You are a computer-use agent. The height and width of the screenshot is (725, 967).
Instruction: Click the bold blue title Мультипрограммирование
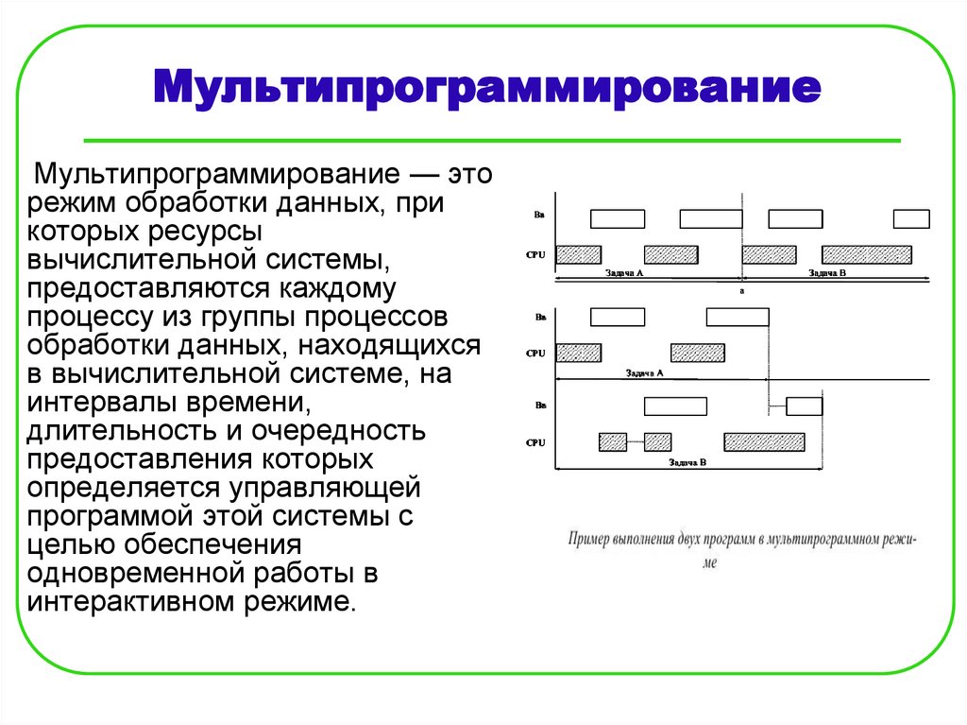coord(487,91)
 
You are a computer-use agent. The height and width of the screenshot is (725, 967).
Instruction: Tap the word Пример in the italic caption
coord(589,540)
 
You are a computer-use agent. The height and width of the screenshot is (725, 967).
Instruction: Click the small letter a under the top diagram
coord(742,291)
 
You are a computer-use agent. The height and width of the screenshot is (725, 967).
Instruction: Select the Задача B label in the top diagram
coord(828,273)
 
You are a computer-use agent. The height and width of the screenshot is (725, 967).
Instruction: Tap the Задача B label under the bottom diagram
coord(688,462)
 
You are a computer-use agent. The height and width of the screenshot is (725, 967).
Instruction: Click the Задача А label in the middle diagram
coord(645,372)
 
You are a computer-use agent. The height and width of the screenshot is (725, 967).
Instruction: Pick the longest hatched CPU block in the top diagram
coord(867,254)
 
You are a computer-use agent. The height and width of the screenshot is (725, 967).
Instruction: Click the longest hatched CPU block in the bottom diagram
coord(764,441)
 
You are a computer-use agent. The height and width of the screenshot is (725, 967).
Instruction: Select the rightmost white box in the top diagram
coord(911,219)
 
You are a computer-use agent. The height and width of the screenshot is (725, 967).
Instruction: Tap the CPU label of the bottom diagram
coord(536,441)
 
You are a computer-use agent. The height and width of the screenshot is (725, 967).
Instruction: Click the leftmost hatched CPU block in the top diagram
coord(578,254)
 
